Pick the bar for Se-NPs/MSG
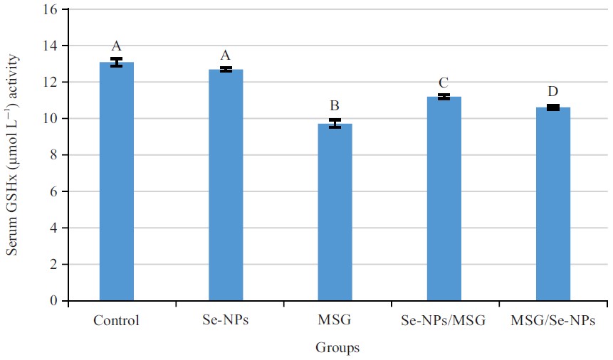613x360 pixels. [x=444, y=198]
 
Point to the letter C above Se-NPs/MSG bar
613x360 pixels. [x=444, y=83]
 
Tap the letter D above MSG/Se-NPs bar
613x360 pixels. [x=553, y=92]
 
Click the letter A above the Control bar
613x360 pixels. [x=117, y=46]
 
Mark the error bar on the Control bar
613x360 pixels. [x=117, y=63]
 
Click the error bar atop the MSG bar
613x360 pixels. [x=335, y=124]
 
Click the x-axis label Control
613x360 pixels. [x=117, y=320]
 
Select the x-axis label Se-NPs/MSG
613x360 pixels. [x=444, y=320]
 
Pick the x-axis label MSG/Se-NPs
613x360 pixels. [x=553, y=320]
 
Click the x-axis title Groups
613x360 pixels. [x=337, y=348]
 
